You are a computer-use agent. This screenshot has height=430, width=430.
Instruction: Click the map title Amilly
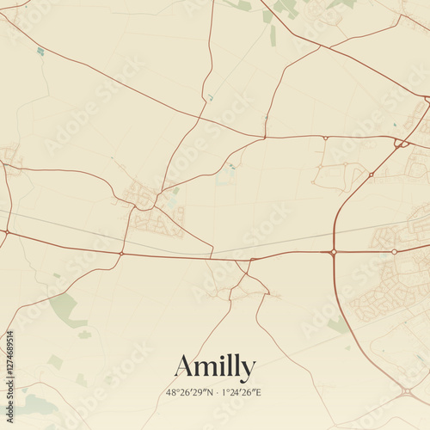point(215,367)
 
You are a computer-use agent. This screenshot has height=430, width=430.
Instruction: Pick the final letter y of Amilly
point(249,370)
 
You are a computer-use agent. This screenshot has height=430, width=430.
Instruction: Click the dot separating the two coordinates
point(215,392)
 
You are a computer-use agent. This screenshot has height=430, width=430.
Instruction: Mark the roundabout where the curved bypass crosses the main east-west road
point(333,252)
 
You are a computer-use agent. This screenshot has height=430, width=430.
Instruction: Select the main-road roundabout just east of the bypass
point(394,252)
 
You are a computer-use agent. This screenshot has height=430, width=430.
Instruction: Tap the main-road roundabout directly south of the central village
point(122,254)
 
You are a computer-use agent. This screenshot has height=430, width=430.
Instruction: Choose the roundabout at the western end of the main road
point(6,232)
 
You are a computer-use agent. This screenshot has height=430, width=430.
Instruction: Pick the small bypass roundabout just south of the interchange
point(371,175)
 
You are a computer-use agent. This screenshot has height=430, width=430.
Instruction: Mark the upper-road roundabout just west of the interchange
point(325,138)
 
